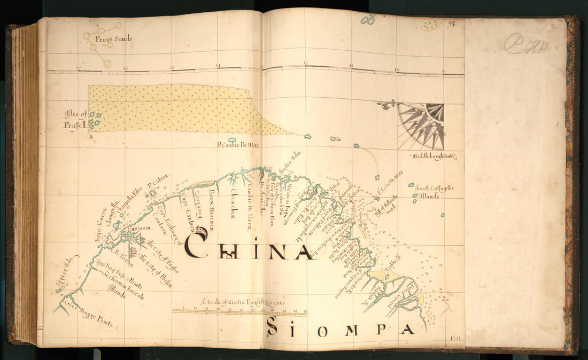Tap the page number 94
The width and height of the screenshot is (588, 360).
coord(452,24)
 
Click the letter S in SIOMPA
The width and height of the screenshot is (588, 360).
coord(272,326)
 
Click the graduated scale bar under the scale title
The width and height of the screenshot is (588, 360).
coord(239,311)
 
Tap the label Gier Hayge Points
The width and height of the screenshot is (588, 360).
coord(88,315)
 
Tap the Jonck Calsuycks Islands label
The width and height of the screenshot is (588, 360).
coord(435,192)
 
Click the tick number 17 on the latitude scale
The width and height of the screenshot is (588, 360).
coord(79,68)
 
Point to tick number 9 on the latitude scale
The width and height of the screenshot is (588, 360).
coord(443,71)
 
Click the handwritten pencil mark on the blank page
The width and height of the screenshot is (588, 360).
coord(525,44)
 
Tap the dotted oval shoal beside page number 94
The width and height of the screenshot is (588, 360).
coord(431,24)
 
